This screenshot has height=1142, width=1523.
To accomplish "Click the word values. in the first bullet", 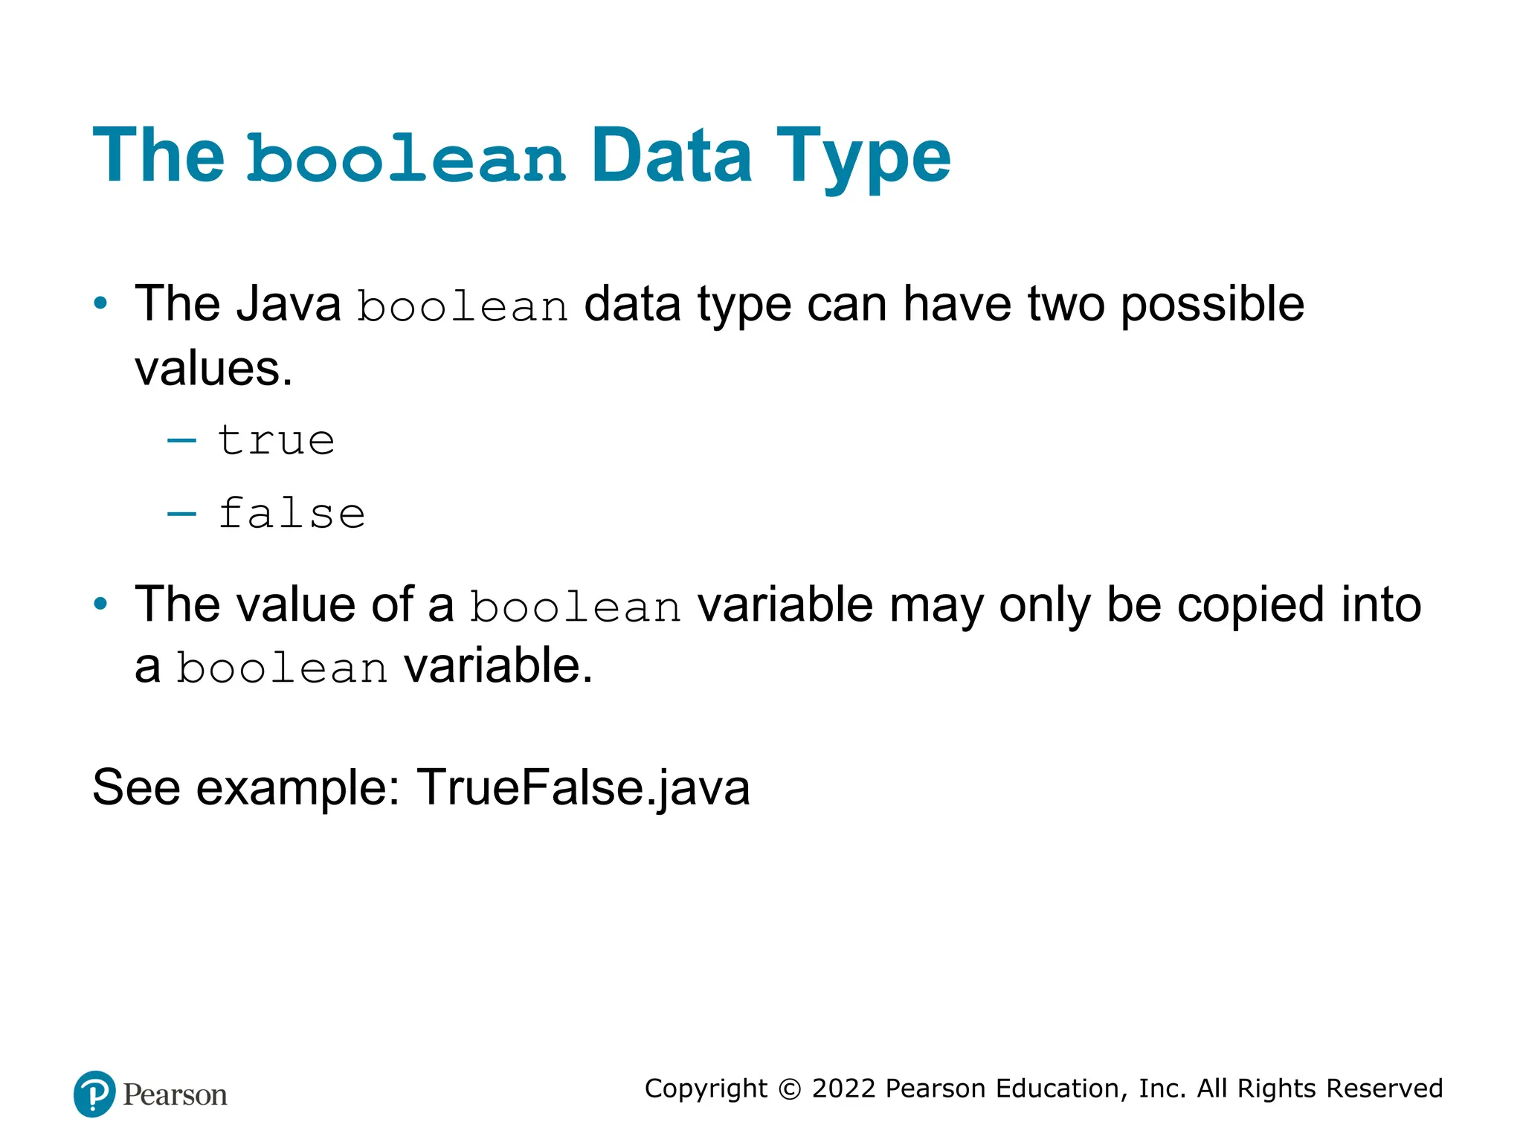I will (213, 369).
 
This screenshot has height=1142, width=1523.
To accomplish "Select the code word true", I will (276, 441).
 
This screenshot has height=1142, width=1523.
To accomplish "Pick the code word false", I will (292, 514).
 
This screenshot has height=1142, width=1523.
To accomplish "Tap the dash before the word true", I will (181, 441).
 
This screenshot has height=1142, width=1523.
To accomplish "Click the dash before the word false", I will (181, 514).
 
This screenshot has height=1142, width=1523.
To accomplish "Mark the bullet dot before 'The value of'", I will (100, 604).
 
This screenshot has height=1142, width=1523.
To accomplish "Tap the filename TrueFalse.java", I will (583, 787).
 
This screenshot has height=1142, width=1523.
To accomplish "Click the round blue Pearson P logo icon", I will (94, 1094).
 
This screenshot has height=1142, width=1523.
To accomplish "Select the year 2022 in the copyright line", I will (843, 1088).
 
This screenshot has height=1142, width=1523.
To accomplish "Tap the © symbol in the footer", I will (789, 1089).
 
